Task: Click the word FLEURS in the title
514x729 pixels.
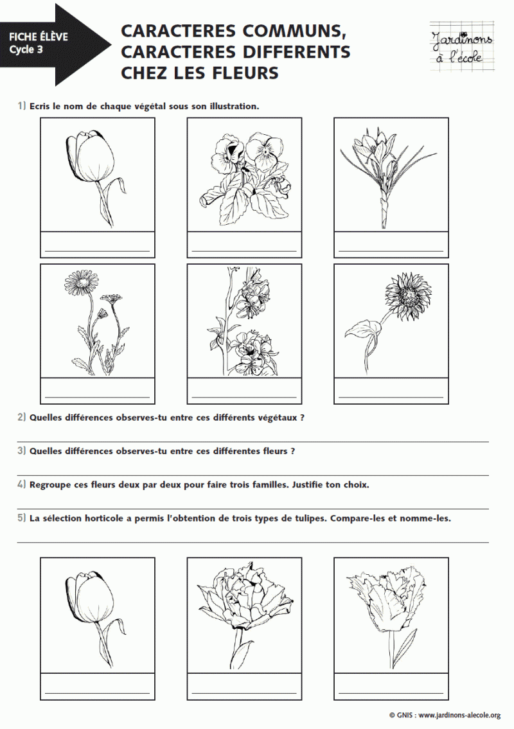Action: click(247, 73)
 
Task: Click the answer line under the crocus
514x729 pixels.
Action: click(391, 250)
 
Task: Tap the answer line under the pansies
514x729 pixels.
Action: click(244, 250)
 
